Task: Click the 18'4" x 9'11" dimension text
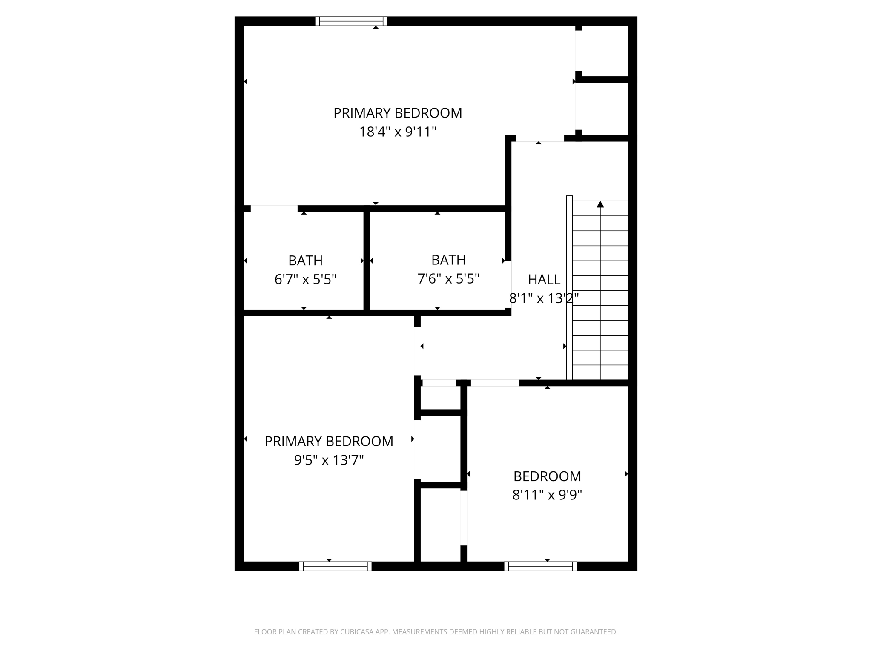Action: point(398,132)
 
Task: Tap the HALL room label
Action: point(544,280)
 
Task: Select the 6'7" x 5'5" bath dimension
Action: point(305,280)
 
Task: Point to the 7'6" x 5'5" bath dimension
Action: point(448,279)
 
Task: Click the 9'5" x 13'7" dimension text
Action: point(329,460)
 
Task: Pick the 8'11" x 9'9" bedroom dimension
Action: point(547,495)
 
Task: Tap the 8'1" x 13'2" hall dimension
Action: point(544,298)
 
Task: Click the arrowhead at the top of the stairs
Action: point(600,204)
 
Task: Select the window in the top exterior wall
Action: point(351,21)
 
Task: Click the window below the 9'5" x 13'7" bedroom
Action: point(335,566)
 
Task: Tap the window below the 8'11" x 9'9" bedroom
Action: point(540,566)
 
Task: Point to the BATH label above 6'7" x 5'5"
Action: point(305,261)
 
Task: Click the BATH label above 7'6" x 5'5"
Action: point(448,260)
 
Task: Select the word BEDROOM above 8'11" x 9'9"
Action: point(547,476)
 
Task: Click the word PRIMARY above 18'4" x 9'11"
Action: point(362,113)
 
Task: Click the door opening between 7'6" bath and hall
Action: point(508,284)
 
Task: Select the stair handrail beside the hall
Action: point(569,287)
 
